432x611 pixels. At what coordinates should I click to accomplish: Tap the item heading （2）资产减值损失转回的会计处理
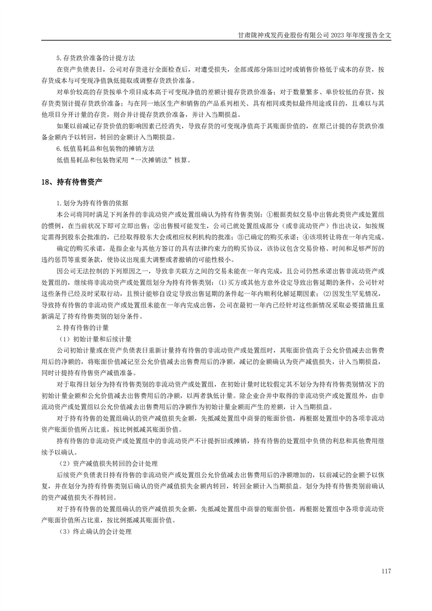pos(107,463)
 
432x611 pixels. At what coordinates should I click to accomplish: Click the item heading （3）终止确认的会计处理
pos(95,531)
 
